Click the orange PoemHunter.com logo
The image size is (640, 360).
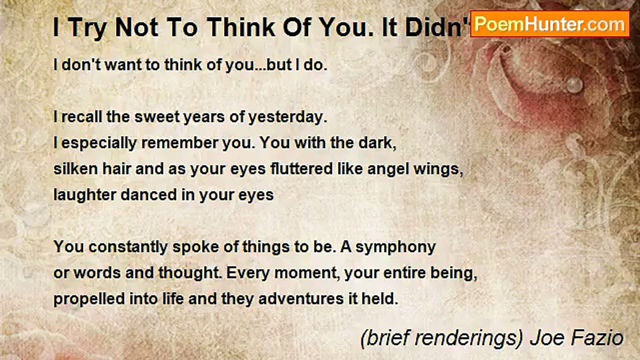click(x=550, y=23)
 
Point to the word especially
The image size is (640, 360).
click(x=97, y=143)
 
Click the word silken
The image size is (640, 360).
click(x=72, y=169)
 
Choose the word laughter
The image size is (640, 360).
click(x=84, y=195)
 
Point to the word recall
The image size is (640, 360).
click(x=77, y=118)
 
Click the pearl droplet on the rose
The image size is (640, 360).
click(x=574, y=84)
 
